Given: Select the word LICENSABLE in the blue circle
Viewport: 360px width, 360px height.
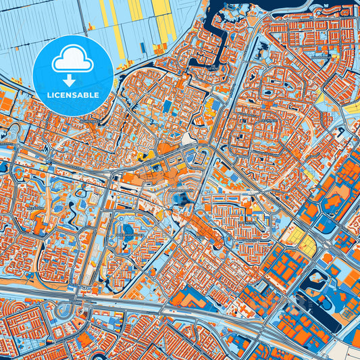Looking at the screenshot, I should [x=72, y=95].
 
